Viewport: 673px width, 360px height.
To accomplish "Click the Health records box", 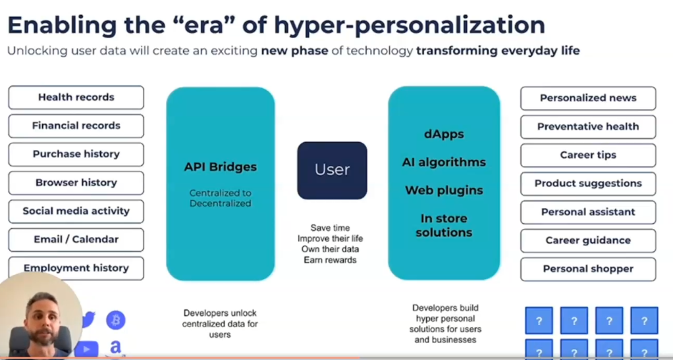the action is (x=76, y=97).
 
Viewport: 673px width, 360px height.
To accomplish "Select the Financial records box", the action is (x=76, y=126).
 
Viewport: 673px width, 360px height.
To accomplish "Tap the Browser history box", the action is (x=76, y=183).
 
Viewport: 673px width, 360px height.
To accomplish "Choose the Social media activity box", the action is (x=76, y=211).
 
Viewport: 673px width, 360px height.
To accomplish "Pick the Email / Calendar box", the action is (x=76, y=240).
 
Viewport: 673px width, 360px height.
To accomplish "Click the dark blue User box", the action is (x=332, y=170).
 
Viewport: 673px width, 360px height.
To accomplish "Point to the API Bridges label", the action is (x=220, y=167).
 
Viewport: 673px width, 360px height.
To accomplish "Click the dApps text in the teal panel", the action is (x=444, y=134).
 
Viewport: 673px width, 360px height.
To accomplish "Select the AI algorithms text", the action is (x=444, y=163).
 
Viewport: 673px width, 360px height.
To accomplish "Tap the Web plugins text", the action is (x=444, y=191).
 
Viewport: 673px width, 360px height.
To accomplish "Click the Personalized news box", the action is (x=588, y=98).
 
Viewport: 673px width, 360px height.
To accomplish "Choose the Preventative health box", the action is (x=588, y=126).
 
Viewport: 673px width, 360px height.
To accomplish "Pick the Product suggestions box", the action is (x=588, y=184).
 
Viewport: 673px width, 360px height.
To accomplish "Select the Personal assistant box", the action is (x=588, y=212).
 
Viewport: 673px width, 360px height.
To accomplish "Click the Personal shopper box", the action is (x=588, y=269).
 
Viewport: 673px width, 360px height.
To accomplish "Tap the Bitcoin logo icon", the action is (x=116, y=321).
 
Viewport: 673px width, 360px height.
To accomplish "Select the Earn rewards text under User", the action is (x=330, y=260).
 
